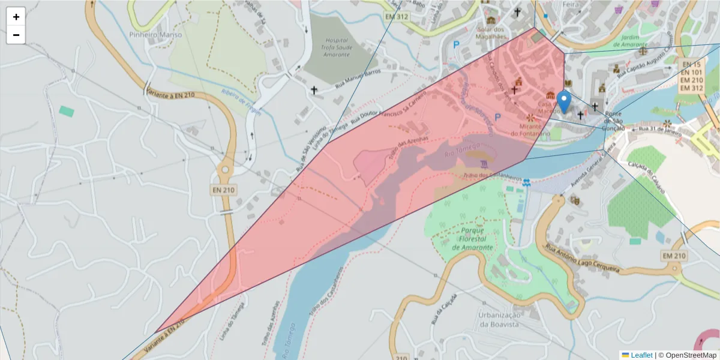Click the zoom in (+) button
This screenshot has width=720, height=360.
[16, 16]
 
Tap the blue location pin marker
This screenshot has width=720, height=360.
[564, 101]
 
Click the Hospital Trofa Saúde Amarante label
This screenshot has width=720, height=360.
[327, 46]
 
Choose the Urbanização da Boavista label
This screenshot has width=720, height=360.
[499, 320]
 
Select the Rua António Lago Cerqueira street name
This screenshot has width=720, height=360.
[581, 259]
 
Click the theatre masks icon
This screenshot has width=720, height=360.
[574, 200]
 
